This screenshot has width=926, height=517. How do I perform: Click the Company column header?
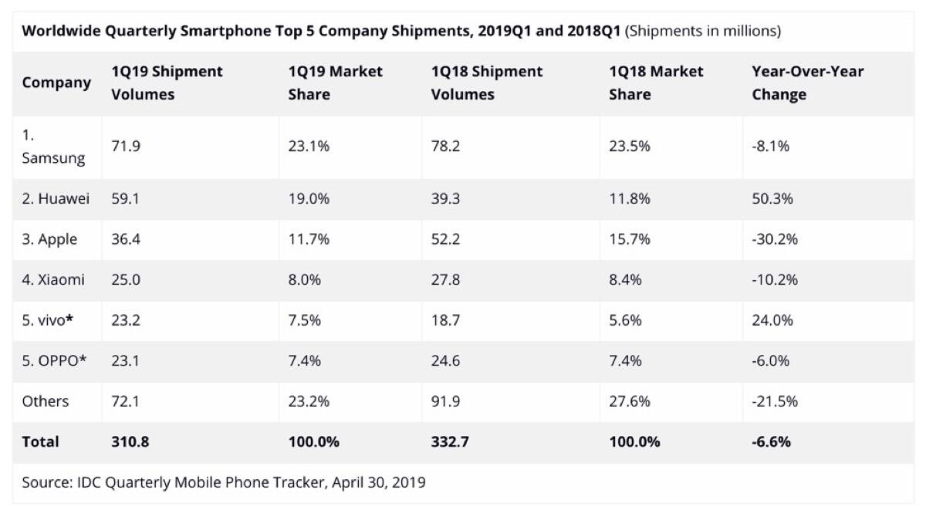56,83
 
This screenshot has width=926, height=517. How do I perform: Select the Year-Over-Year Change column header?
807,83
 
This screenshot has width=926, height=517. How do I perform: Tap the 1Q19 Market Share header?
335,83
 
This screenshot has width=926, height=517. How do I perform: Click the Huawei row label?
56,198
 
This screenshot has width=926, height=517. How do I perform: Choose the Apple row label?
49,239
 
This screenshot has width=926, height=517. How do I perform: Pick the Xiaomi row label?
53,279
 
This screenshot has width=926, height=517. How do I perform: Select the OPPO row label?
53,360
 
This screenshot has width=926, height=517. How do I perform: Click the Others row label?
46,401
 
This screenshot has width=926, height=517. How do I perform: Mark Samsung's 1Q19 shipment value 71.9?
126,146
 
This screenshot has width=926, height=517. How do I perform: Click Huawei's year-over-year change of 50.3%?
772,198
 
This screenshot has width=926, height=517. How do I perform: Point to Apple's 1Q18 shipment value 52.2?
445,239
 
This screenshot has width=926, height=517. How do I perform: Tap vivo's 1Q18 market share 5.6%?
626,320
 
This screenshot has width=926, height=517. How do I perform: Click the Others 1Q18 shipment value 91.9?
445,401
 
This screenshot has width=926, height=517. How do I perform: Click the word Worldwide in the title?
59,32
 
